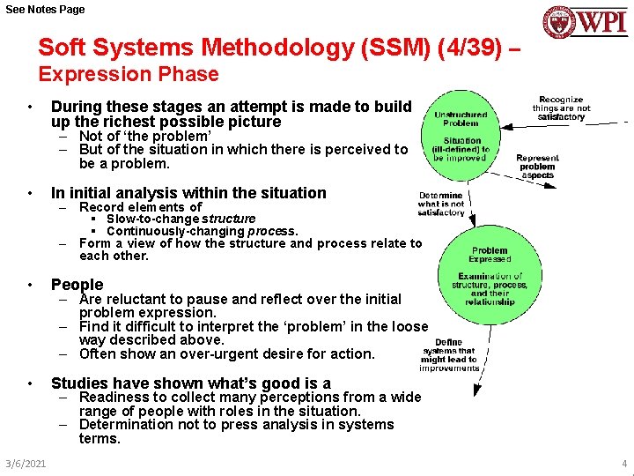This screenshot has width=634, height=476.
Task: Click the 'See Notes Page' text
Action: (46, 9)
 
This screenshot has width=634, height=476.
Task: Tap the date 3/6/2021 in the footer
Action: (25, 463)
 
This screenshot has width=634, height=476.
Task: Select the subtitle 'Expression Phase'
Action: (129, 74)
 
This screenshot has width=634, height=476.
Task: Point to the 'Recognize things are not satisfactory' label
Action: (561, 108)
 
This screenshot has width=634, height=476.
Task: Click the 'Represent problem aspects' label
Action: (537, 167)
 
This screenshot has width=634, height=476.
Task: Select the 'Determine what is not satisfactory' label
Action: (441, 204)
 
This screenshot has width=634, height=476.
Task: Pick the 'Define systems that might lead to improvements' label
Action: (449, 354)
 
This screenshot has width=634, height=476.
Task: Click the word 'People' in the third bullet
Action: (77, 285)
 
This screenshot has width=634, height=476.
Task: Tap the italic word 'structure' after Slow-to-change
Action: (229, 219)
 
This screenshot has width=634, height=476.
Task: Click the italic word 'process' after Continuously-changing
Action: (270, 231)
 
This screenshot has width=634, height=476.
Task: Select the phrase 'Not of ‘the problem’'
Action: (145, 137)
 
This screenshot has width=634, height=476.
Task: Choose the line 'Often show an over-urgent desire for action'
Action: (226, 354)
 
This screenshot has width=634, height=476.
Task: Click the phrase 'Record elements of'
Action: (140, 207)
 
